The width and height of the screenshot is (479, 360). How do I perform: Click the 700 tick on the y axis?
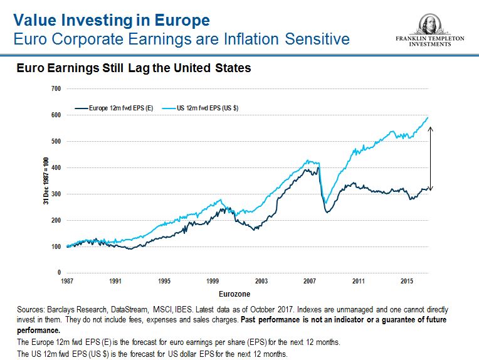pos(55,89)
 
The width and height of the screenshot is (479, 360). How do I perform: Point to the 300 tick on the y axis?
pos(55,194)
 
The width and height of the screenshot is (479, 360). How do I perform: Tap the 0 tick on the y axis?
pos(58,273)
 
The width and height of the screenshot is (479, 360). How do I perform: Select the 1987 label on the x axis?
pos(66,281)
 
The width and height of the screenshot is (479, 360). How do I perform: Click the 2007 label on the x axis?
pos(310,281)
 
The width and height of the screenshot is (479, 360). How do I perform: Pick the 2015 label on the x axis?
pos(407,281)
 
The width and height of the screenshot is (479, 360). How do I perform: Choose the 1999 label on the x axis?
pos(212,281)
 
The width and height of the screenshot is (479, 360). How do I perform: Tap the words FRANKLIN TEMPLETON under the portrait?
pos(429,39)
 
